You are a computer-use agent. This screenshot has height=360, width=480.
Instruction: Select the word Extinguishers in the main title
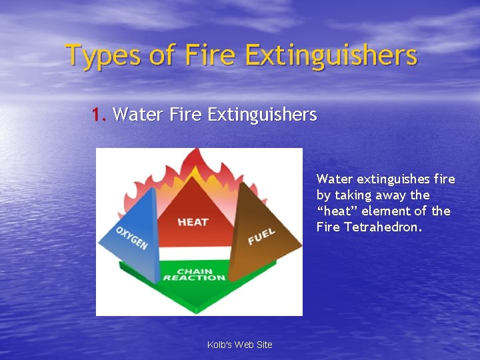coord(331,55)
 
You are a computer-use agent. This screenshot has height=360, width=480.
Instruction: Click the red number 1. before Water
coord(99,115)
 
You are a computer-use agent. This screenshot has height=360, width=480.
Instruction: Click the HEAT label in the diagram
coord(193,222)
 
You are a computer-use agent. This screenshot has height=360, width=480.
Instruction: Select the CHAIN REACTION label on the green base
coord(194,275)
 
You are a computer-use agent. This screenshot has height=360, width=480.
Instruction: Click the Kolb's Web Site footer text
coord(240,345)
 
